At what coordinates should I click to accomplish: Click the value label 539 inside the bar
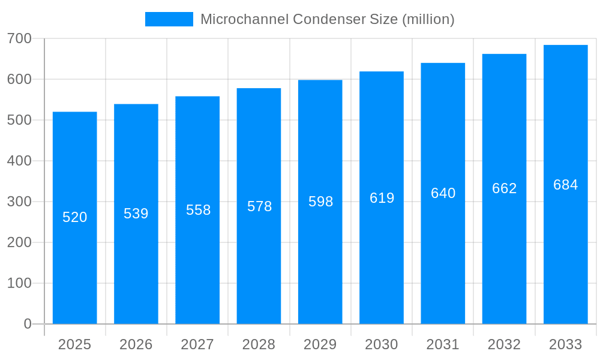(136, 214)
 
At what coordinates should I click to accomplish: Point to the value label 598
(320, 202)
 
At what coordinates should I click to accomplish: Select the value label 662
(504, 188)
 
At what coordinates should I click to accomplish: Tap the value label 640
(443, 193)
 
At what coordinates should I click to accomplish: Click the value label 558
(198, 210)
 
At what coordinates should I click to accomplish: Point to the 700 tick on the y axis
(19, 38)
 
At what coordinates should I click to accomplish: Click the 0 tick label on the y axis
(28, 324)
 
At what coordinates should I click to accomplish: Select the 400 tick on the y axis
(19, 161)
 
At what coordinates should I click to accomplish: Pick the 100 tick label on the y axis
(19, 283)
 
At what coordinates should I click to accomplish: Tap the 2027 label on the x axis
(197, 344)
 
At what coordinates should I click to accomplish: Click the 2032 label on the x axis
(504, 344)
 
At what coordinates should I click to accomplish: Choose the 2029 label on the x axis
(320, 344)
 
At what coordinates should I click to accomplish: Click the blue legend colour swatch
(169, 19)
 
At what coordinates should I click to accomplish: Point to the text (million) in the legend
(428, 19)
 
